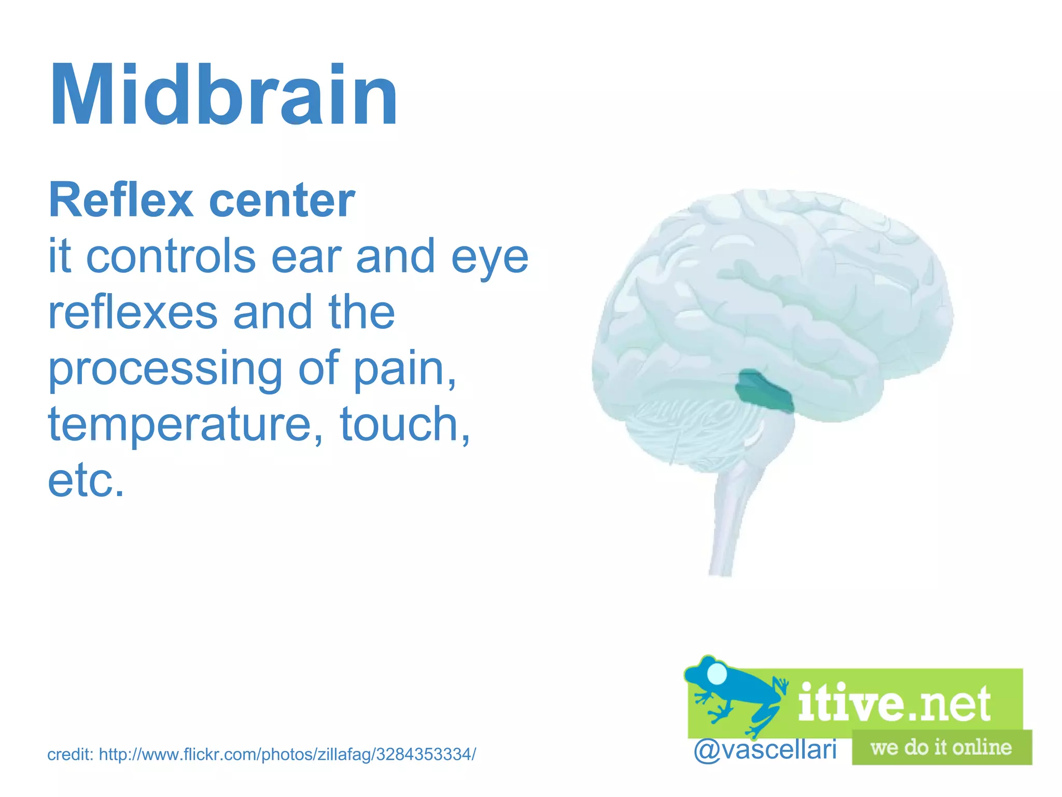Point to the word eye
[490, 258]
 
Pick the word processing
[165, 369]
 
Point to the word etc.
[86, 480]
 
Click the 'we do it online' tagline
[941, 748]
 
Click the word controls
[171, 257]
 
